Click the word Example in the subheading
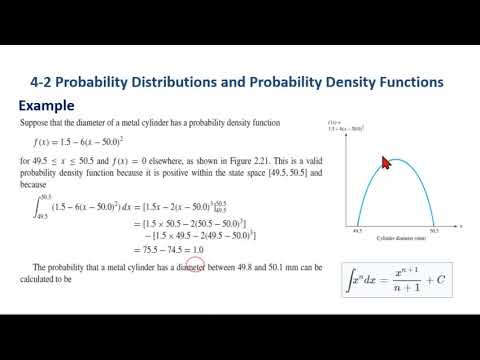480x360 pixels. [x=50, y=105]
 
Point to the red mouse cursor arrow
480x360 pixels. [x=385, y=161]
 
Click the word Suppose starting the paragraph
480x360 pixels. [x=37, y=121]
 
